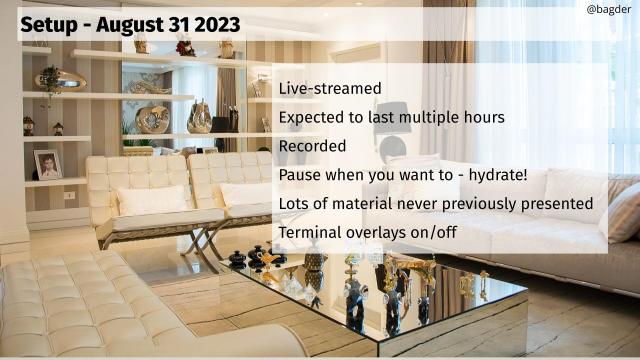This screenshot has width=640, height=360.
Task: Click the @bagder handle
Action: tap(607, 9)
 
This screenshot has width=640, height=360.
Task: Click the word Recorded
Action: tap(312, 146)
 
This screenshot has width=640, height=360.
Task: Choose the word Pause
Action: tap(300, 175)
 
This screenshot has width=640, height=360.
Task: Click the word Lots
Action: tap(296, 204)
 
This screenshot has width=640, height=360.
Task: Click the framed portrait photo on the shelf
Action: tap(47, 164)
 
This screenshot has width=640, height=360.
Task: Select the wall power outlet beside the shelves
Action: tap(70, 195)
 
